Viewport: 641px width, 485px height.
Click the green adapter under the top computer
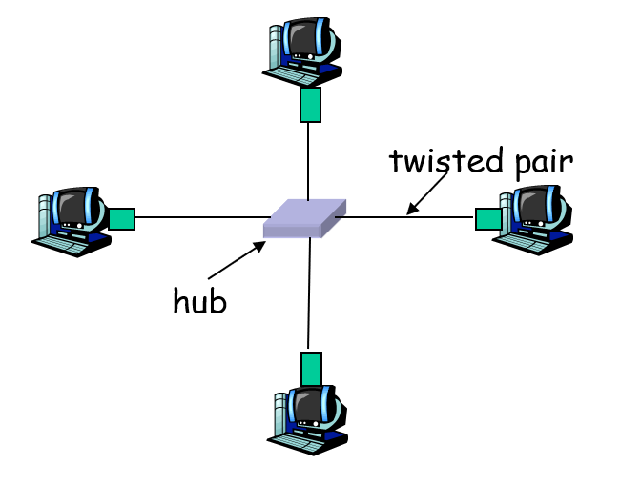tap(309, 106)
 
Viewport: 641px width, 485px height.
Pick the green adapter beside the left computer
tap(121, 218)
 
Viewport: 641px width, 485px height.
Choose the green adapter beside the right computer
tap(487, 218)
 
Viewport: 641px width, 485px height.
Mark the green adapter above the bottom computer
tap(311, 368)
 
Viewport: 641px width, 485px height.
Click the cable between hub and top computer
tap(308, 162)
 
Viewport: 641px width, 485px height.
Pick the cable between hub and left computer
tap(200, 217)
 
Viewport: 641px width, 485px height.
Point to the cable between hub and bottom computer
tap(309, 295)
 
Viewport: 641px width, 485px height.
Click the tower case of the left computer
tap(44, 215)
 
